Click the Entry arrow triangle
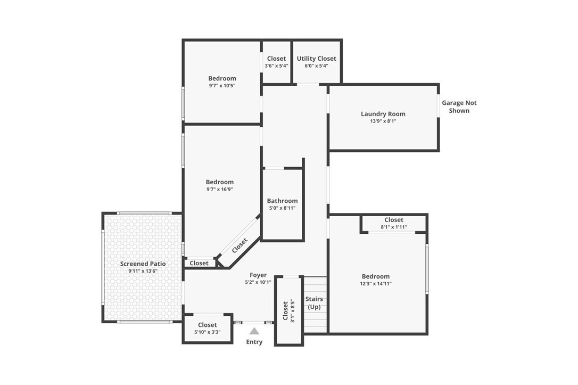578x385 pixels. tap(254, 331)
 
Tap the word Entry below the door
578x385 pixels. tap(254, 342)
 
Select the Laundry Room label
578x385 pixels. tap(383, 114)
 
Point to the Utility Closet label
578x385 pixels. tap(316, 58)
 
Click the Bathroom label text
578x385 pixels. tap(283, 201)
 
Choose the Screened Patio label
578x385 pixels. tap(143, 264)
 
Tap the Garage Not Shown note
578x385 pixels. tap(459, 107)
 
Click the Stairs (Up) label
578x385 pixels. tap(314, 303)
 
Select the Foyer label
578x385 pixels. tap(258, 275)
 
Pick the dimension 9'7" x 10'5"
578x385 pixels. tap(222, 86)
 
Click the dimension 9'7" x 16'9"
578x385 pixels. tap(220, 189)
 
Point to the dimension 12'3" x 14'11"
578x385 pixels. tap(376, 284)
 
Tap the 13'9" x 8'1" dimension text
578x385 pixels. tap(383, 121)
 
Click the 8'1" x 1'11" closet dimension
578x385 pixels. tap(394, 227)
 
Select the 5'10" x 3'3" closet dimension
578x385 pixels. tap(207, 332)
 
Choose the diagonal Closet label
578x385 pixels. tap(240, 245)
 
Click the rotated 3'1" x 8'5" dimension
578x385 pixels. tap(292, 311)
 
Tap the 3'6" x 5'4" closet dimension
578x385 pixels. tap(276, 65)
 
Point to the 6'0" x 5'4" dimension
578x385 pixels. tap(316, 65)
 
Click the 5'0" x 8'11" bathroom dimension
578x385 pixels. tap(283, 208)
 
